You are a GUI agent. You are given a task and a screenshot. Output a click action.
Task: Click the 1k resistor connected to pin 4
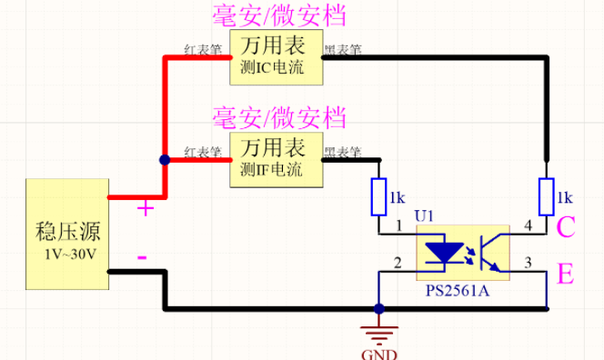click(x=546, y=196)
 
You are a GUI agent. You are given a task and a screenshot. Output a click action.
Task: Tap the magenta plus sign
click(x=145, y=208)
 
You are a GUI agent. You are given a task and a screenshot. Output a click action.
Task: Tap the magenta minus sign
click(x=142, y=257)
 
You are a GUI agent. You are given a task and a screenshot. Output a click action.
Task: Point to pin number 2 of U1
click(x=397, y=263)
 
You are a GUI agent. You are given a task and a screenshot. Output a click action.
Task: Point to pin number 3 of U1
click(x=528, y=263)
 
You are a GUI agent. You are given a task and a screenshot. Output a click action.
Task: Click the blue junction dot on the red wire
click(x=164, y=160)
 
